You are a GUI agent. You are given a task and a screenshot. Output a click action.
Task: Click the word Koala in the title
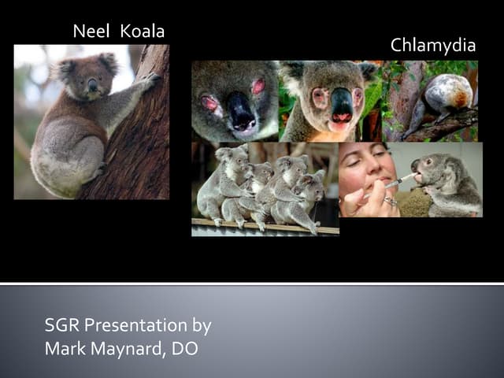coord(143,32)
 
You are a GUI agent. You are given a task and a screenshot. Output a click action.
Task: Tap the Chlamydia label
coord(433,46)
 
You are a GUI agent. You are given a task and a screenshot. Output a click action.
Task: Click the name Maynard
coord(124,348)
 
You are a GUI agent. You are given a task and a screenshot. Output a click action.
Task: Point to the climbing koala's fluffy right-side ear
coord(108,62)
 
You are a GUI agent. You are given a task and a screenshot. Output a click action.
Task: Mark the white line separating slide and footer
coord(252,283)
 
